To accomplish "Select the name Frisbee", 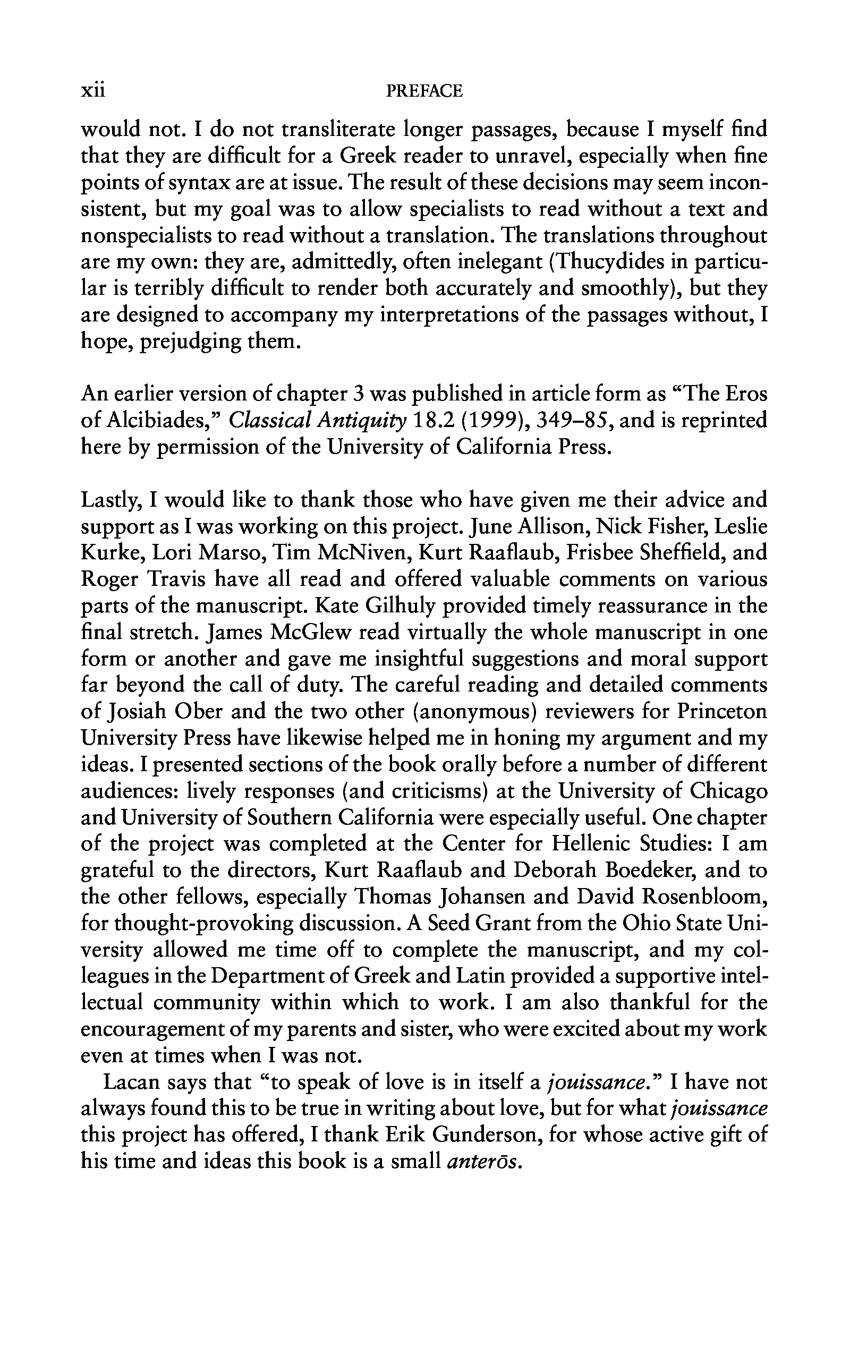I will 602,552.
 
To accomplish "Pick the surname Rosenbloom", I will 703,898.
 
